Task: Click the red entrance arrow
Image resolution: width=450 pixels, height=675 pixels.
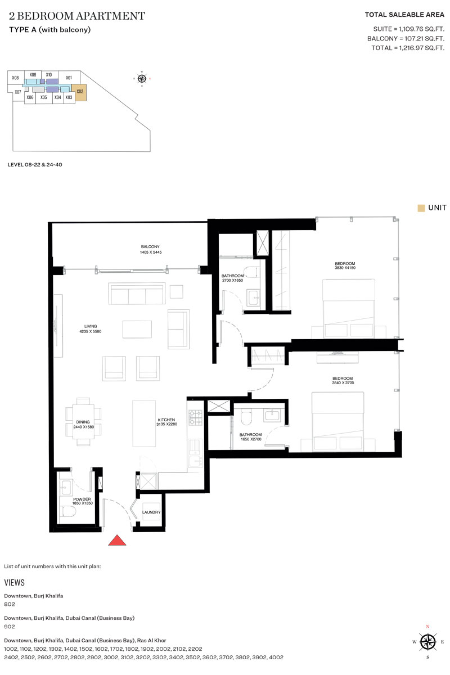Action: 117,540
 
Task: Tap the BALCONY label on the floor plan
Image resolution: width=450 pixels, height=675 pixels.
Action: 151,246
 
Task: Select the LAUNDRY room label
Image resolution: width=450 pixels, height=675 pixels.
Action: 152,512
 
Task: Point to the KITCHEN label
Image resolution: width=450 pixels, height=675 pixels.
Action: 166,420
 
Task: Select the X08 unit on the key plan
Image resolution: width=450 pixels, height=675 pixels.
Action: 16,78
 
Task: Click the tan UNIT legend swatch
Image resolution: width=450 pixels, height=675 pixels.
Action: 421,208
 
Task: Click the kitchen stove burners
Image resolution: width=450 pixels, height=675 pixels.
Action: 195,417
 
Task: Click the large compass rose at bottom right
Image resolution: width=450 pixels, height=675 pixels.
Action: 428,641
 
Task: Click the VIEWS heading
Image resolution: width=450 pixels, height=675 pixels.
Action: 14,583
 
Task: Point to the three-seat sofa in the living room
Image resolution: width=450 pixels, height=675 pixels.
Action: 137,295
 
